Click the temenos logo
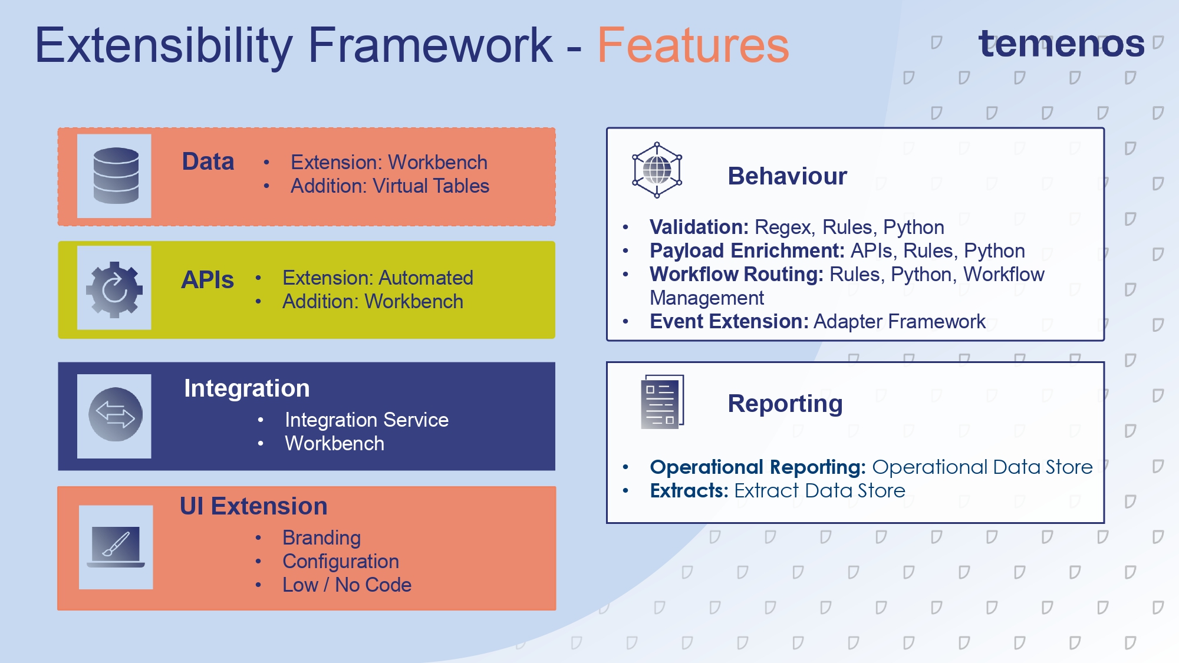coord(1061,44)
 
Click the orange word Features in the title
coord(693,45)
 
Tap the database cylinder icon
coord(116,176)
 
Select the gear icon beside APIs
coord(114,289)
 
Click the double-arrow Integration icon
coord(115,415)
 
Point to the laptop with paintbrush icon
coord(116,547)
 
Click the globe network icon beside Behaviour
coord(657,170)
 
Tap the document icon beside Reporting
coord(662,402)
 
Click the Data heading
coord(208,161)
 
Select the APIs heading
coord(207,280)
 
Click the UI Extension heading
coord(253,506)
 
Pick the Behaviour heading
coord(787,176)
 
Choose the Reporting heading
coord(785,404)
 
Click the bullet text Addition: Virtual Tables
coord(390,186)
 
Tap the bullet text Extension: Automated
coord(377,278)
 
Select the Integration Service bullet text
coord(366,420)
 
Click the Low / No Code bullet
coord(347,585)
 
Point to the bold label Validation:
coord(699,227)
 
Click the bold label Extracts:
coord(689,490)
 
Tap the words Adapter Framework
coord(899,321)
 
